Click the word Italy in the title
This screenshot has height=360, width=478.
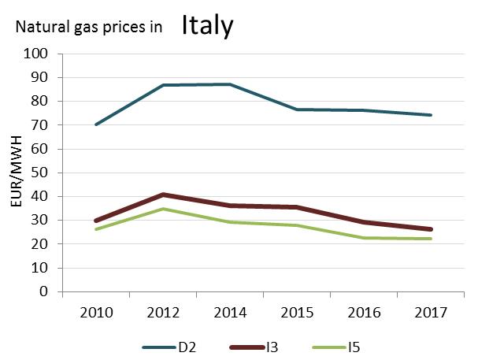(x=208, y=25)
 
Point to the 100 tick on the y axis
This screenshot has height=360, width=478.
(x=38, y=54)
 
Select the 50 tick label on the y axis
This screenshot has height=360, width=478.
(x=41, y=173)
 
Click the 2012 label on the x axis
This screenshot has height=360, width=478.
(x=162, y=312)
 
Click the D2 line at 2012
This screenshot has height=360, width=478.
(x=162, y=85)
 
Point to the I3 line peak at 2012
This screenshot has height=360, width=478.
(x=162, y=195)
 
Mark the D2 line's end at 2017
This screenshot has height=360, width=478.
(x=432, y=115)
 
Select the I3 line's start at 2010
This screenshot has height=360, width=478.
(x=94, y=221)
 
